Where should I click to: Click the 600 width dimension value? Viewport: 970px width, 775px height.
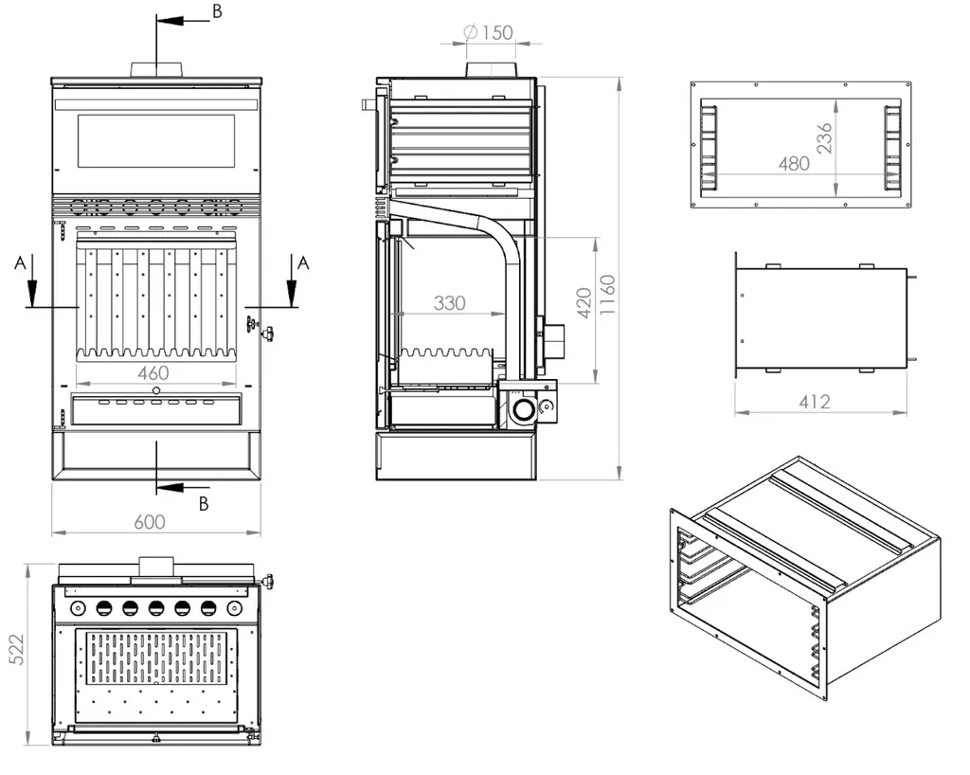tap(150, 522)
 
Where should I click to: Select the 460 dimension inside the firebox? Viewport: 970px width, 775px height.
tap(153, 373)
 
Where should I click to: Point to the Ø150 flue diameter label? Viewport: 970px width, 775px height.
tap(489, 32)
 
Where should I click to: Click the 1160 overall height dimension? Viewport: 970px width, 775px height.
tap(607, 297)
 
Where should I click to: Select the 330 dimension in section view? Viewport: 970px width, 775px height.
tap(450, 303)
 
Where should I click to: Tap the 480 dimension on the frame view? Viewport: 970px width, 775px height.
tap(793, 163)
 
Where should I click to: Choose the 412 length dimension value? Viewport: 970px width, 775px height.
tap(814, 402)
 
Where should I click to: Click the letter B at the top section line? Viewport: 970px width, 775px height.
tap(216, 11)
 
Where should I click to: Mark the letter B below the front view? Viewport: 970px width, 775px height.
tap(204, 504)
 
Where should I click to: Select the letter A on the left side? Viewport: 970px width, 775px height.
tap(20, 263)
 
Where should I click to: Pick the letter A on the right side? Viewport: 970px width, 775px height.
tap(303, 262)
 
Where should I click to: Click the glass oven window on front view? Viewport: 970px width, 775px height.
tap(155, 141)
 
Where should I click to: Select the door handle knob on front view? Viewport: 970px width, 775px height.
tap(268, 333)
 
